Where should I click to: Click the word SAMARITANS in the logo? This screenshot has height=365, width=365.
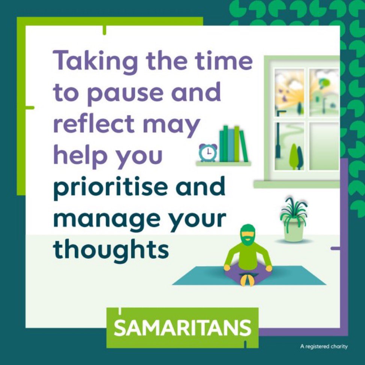[182, 327]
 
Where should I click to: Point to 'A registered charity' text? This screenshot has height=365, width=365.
[324, 347]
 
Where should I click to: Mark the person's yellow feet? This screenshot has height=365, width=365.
[247, 280]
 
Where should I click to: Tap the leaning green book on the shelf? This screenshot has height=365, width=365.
[243, 146]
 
